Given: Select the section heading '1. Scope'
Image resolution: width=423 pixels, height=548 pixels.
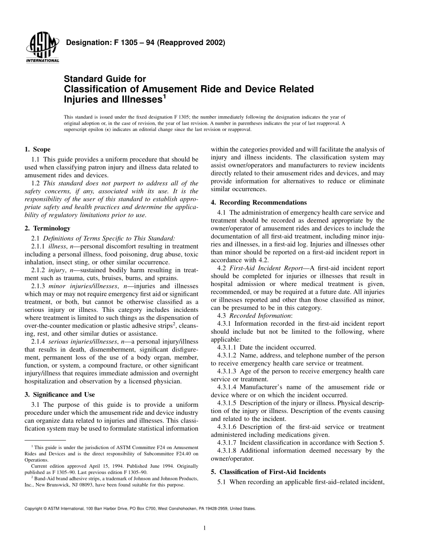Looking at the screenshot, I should pyautogui.click(x=38, y=150).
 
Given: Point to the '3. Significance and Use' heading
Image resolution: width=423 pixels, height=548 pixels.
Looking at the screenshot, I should pyautogui.click(x=60, y=395).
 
